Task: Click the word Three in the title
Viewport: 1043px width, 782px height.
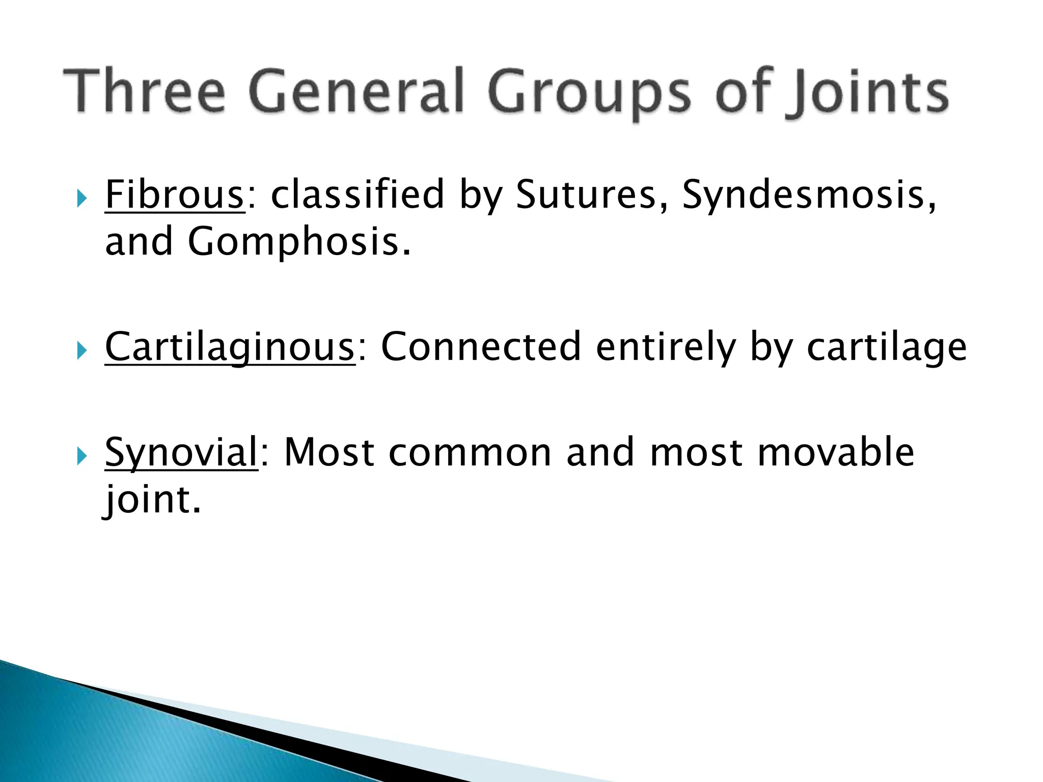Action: coord(144,92)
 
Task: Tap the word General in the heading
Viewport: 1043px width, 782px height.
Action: coord(356,92)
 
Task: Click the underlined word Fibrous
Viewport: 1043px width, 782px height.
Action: coord(174,194)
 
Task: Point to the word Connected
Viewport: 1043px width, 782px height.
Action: coord(481,347)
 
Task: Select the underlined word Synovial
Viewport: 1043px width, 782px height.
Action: coord(181,453)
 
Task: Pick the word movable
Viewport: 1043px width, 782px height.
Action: coord(836,452)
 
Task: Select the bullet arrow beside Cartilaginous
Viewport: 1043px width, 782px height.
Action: coord(82,351)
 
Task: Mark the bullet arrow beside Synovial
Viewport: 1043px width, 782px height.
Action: coord(82,456)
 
